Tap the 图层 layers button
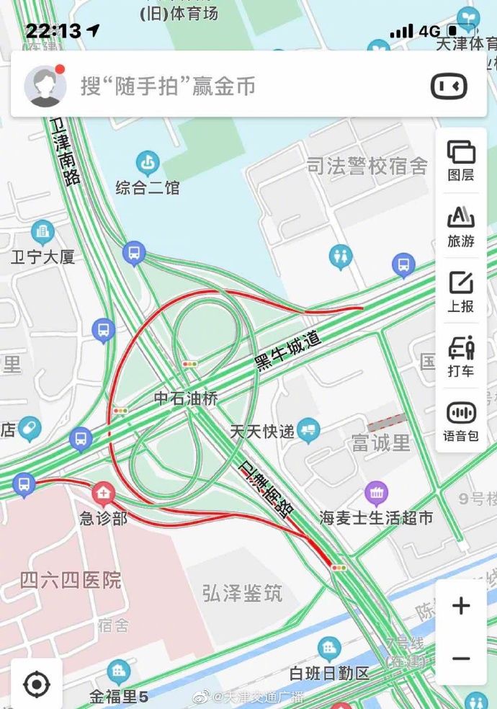pos(461,159)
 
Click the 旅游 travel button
pos(461,225)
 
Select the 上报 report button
pos(461,290)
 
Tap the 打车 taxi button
pos(461,356)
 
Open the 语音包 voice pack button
pos(461,420)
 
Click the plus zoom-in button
pos(461,606)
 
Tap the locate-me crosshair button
pos(37,683)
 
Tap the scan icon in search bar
pos(449,86)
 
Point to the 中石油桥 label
pos(186,398)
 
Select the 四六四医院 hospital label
pos(71,580)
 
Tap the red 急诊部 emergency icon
pos(103,494)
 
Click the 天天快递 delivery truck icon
pos(308,430)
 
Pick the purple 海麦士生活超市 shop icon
pos(376,494)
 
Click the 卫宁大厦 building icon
pos(42,232)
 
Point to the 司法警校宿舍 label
pos(367,167)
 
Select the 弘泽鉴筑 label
pos(242,594)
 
